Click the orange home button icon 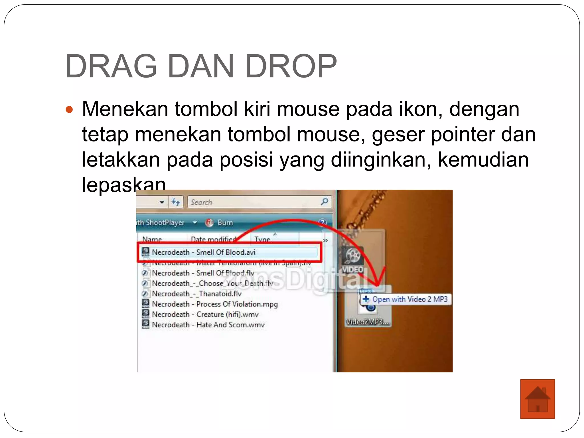(537, 399)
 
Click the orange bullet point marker (69, 109)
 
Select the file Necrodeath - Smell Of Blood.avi (203, 252)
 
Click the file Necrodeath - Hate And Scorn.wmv (208, 325)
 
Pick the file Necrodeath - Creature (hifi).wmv (205, 314)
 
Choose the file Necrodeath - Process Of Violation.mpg (214, 304)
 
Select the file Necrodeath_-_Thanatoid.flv (196, 293)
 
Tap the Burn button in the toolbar (225, 222)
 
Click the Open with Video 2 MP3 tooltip (406, 299)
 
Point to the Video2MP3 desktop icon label (367, 322)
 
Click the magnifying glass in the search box (324, 202)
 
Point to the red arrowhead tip (377, 284)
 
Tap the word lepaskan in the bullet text (124, 184)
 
